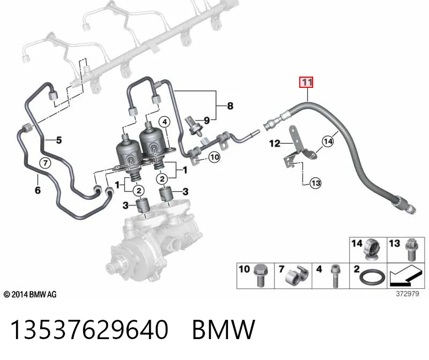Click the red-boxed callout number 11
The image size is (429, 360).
pyautogui.click(x=306, y=82)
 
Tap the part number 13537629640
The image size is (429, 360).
pyautogui.click(x=89, y=329)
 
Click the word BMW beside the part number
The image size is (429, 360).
pyautogui.click(x=224, y=329)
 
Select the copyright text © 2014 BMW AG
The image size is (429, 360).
pyautogui.click(x=30, y=295)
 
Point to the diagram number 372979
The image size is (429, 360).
pyautogui.click(x=408, y=294)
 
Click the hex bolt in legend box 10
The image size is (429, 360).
pyautogui.click(x=261, y=275)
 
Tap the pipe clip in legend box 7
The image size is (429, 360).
pyautogui.click(x=298, y=275)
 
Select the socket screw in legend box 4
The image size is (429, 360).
pyautogui.click(x=335, y=275)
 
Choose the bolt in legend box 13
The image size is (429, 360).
pyautogui.click(x=410, y=250)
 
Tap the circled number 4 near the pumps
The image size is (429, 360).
pyautogui.click(x=165, y=122)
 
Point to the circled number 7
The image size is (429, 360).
pyautogui.click(x=46, y=163)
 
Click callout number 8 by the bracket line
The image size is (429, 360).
pyautogui.click(x=231, y=106)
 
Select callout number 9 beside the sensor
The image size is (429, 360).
pyautogui.click(x=207, y=121)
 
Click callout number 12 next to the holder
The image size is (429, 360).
pyautogui.click(x=275, y=143)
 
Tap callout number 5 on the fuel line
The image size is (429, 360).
pyautogui.click(x=59, y=140)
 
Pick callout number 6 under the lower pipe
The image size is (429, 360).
pyautogui.click(x=38, y=190)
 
